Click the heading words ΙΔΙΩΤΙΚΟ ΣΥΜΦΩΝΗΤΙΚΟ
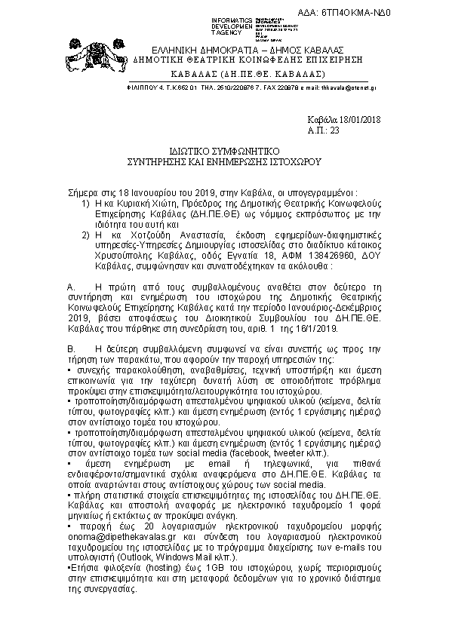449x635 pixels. [x=223, y=152]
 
